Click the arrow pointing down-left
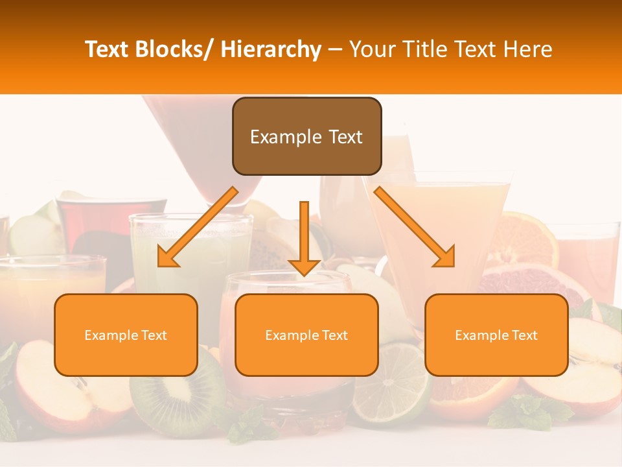point(198,227)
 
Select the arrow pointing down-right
point(415,227)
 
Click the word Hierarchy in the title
point(271,49)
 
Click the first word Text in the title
point(106,49)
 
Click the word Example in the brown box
point(277,137)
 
